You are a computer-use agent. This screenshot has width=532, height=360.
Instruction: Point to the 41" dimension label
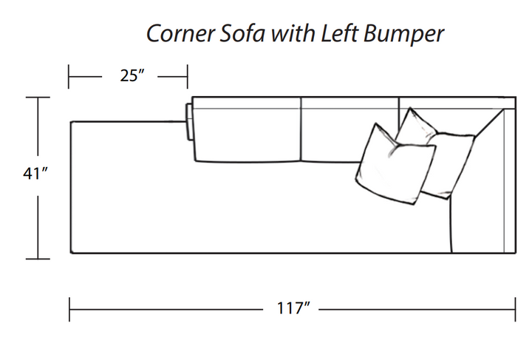click(x=36, y=174)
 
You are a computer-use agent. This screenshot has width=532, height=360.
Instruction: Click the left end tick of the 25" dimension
click(x=69, y=75)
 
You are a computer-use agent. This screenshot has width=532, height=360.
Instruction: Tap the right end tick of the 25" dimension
click(x=188, y=75)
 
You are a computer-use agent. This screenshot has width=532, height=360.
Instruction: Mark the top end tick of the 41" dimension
click(x=38, y=97)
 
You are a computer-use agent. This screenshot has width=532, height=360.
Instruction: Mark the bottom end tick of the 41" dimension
click(x=38, y=259)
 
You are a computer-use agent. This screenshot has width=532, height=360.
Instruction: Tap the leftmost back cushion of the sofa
click(x=246, y=132)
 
